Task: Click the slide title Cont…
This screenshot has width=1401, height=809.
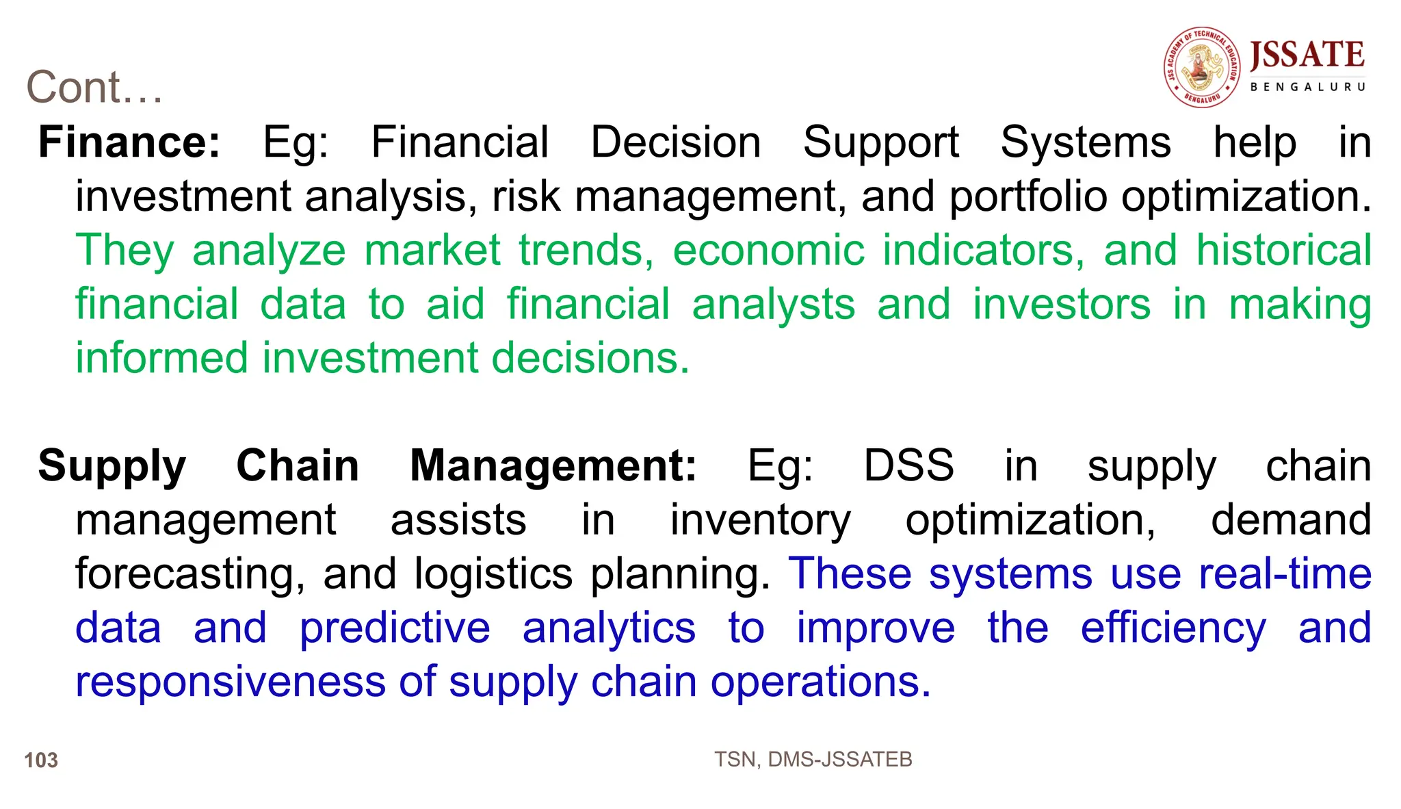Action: (94, 88)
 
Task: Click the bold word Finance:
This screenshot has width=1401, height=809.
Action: (129, 142)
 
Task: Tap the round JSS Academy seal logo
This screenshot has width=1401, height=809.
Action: (1202, 67)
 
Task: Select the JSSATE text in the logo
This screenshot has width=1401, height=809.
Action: (1307, 55)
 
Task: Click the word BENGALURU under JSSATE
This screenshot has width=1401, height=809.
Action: (1307, 87)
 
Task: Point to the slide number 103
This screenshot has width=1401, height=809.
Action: (41, 760)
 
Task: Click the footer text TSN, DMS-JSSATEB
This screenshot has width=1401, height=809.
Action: (813, 759)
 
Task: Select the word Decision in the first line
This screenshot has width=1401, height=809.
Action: (675, 142)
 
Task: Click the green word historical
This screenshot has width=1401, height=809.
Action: (1283, 250)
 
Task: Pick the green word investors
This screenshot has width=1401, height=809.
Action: (1062, 304)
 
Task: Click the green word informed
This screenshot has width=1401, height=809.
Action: (161, 358)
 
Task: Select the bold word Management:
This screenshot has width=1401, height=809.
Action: (553, 466)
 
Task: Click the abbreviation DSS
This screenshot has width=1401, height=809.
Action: (908, 466)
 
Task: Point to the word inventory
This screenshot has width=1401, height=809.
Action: (760, 521)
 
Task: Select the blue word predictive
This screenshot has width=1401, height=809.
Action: (395, 628)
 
